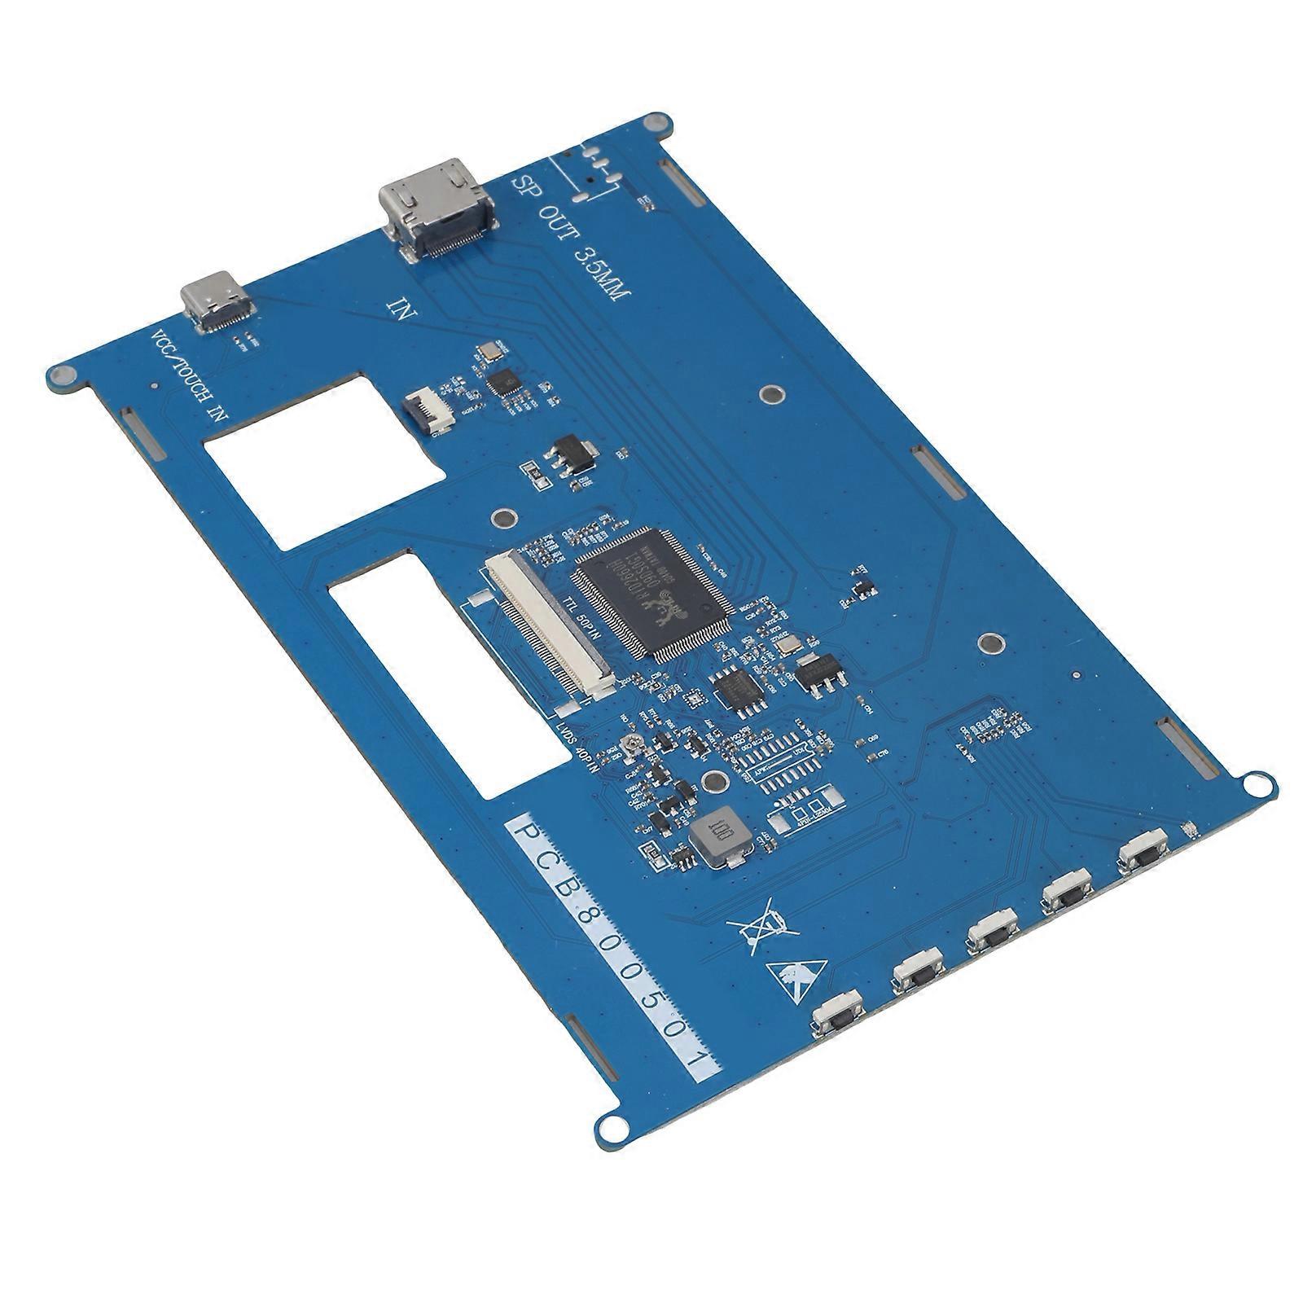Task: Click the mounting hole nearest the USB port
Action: [61, 375]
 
